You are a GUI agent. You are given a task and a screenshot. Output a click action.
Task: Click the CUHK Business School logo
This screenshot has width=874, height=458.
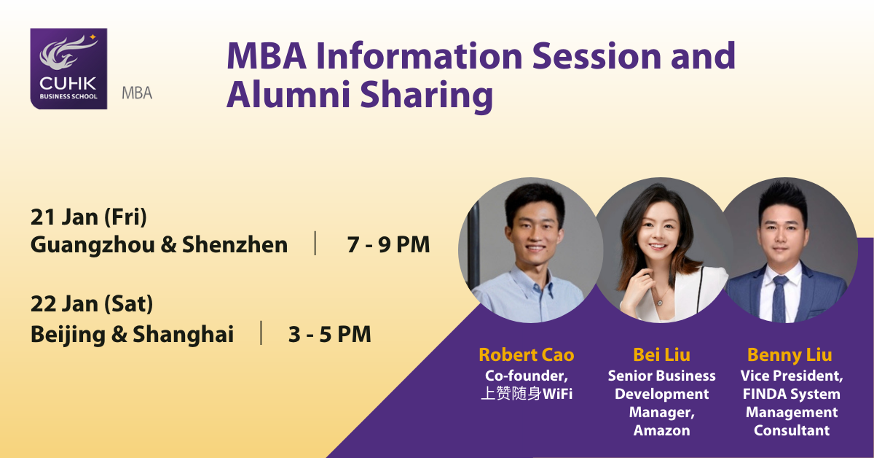[68, 69]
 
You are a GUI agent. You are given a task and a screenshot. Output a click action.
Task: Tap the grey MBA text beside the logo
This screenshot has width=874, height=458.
[137, 93]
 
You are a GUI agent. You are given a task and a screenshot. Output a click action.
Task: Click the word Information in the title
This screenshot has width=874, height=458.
[419, 56]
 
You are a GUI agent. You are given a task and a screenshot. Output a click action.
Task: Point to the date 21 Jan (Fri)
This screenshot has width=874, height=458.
[89, 217]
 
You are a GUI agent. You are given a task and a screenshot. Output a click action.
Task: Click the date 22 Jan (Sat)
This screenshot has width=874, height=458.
[92, 303]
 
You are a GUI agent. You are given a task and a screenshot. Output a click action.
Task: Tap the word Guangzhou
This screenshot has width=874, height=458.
[93, 246]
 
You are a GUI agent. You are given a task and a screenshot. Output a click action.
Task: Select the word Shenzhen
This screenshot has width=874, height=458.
[235, 244]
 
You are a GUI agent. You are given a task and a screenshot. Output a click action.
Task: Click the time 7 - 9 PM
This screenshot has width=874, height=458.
[388, 244]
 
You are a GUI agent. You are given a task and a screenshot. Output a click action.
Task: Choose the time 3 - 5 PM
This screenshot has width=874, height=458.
[330, 335]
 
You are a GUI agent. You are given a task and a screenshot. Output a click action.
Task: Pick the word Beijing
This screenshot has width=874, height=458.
[68, 335]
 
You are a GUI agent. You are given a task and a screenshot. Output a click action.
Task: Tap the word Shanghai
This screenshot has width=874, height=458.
[183, 335]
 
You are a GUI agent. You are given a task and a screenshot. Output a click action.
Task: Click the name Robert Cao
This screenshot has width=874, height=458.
[527, 355]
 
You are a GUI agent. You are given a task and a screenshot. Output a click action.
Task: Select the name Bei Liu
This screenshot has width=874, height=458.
[662, 355]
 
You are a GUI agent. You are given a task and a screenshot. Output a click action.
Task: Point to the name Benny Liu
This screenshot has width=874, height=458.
[790, 356]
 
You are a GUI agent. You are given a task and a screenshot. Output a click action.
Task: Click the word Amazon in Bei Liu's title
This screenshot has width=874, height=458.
[662, 430]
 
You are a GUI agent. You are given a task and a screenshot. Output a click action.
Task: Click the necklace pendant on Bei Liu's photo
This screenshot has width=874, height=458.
[659, 302]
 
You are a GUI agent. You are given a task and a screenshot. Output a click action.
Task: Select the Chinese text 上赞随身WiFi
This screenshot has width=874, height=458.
[527, 394]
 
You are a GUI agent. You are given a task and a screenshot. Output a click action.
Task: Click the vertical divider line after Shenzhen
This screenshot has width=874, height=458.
[315, 243]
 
